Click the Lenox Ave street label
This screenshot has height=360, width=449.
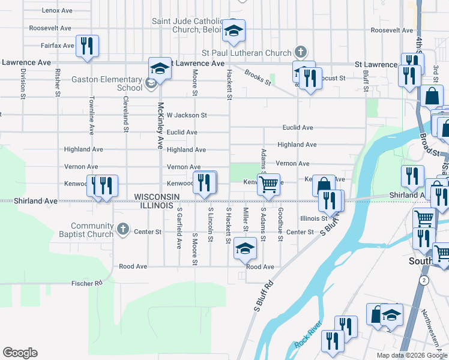tap(58, 11)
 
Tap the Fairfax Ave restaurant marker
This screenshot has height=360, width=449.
tap(87, 46)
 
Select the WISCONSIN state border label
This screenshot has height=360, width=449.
tap(157, 197)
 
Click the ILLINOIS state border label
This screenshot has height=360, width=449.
tap(157, 206)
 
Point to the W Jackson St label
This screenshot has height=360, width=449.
tap(187, 115)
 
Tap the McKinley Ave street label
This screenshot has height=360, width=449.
tap(161, 125)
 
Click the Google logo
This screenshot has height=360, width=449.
tap(20, 352)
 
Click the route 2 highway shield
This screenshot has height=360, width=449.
tap(424, 281)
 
